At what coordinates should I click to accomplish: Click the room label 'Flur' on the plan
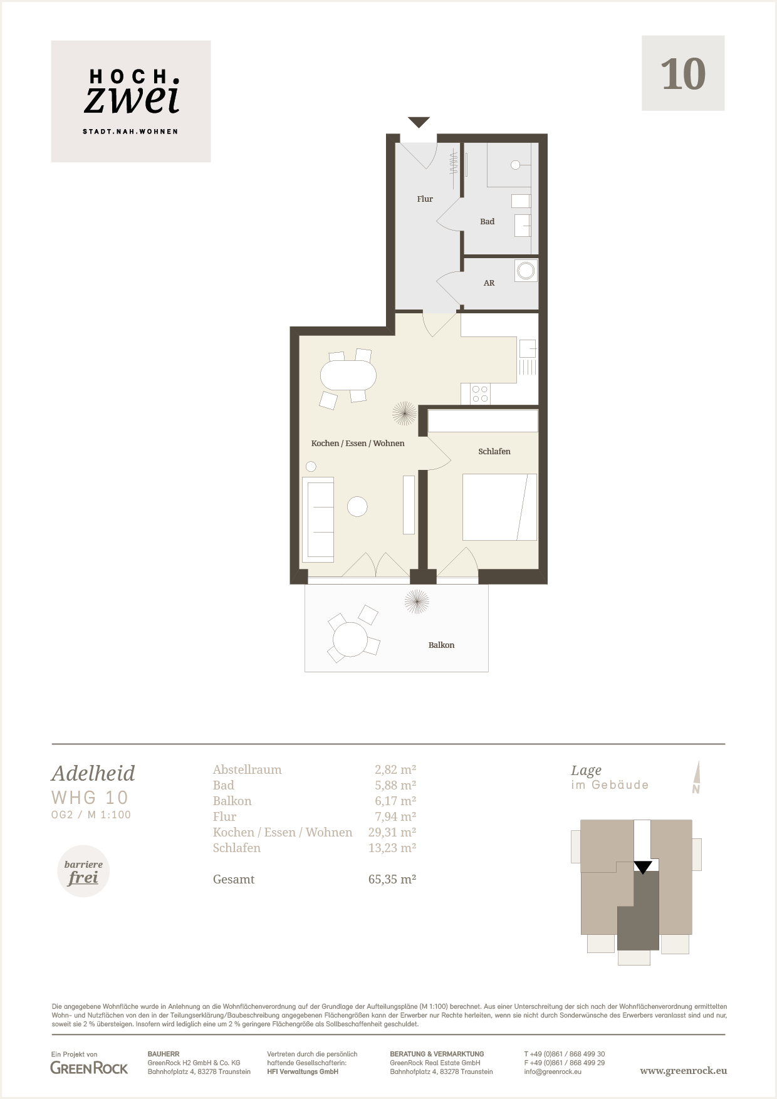coord(425,199)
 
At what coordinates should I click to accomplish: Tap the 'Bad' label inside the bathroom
coord(487,221)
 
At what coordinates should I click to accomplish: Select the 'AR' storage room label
coord(489,283)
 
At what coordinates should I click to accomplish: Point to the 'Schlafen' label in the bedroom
coord(494,451)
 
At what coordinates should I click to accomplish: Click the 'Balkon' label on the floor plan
coord(441,645)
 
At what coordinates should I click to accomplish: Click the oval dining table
coord(348,377)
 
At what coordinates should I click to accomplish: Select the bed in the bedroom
coord(499,507)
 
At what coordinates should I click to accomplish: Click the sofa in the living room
coord(318,519)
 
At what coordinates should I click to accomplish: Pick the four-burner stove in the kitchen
coord(480,394)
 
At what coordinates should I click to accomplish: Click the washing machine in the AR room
coord(526,271)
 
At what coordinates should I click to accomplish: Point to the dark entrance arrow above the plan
coord(419,122)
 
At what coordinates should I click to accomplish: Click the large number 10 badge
coord(683,73)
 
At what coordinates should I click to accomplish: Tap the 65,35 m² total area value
coord(392,879)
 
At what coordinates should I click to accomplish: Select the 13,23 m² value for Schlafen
coord(392,848)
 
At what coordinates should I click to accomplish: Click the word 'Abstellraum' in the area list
coord(247,769)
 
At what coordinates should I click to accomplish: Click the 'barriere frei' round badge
coord(83,872)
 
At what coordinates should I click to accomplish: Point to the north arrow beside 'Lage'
coord(696,778)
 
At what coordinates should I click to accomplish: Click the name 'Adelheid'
coord(93,773)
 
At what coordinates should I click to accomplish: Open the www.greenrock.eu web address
coord(683,1071)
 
